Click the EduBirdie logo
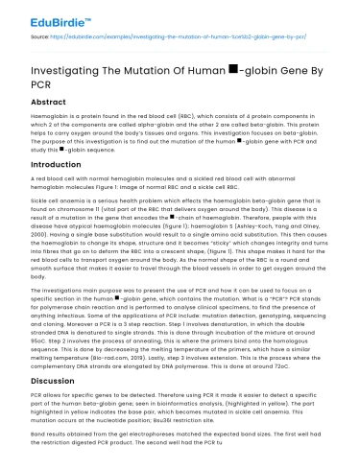click(x=39, y=16)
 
